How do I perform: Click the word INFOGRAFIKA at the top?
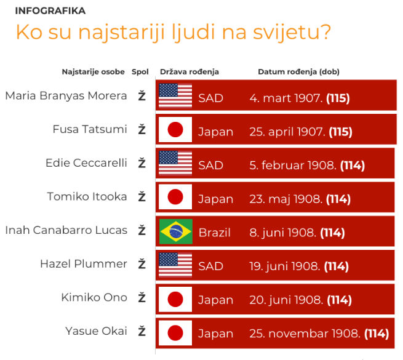click(50, 11)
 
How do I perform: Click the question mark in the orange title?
click(324, 32)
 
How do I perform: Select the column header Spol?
click(140, 72)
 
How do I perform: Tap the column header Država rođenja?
click(190, 72)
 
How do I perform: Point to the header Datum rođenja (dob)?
click(298, 72)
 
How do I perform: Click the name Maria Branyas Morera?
click(66, 95)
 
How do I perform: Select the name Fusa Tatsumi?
click(90, 129)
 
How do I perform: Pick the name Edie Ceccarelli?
click(86, 163)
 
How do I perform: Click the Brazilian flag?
click(176, 231)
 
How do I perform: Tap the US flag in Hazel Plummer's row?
click(175, 265)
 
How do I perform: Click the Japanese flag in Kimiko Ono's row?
click(175, 299)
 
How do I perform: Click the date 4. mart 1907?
click(286, 98)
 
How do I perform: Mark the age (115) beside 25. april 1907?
click(340, 132)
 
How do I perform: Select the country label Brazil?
click(215, 233)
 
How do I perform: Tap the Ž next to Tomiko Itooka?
click(142, 197)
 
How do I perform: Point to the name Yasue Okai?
click(97, 331)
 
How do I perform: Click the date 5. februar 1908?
click(293, 166)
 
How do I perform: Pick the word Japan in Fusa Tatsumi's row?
click(215, 132)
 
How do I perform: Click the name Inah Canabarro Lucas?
click(66, 230)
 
